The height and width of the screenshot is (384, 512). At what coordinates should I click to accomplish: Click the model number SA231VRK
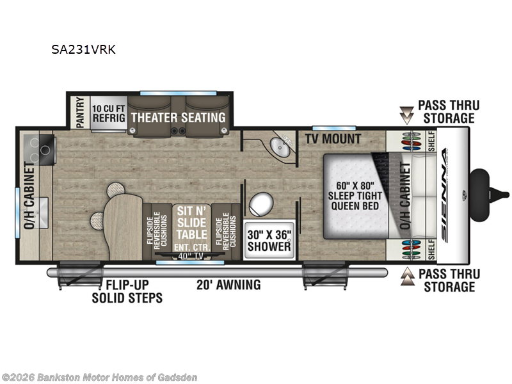(83, 49)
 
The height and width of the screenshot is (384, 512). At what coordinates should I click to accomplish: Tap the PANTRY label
(81, 113)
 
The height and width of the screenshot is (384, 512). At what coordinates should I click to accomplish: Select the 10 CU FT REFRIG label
(109, 113)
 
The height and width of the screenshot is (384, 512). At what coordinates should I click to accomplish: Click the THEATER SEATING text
(179, 118)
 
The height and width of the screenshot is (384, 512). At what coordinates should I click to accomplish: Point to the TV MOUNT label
(333, 139)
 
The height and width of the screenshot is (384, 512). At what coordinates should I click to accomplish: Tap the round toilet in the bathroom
(261, 204)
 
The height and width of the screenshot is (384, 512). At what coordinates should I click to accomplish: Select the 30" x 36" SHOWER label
(269, 241)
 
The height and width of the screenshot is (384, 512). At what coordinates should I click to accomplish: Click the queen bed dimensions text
(355, 196)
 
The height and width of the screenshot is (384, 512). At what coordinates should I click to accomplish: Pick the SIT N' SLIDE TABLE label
(191, 223)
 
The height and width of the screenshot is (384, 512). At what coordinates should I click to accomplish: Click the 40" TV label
(191, 256)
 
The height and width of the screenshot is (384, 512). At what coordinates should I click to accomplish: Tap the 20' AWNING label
(228, 285)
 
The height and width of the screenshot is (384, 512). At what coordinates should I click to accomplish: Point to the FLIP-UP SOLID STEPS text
(127, 291)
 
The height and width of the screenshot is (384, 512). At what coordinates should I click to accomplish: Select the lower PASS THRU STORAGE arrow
(407, 276)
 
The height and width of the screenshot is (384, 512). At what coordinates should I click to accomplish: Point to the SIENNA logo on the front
(445, 196)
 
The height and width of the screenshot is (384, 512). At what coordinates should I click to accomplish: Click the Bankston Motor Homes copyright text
(99, 377)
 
